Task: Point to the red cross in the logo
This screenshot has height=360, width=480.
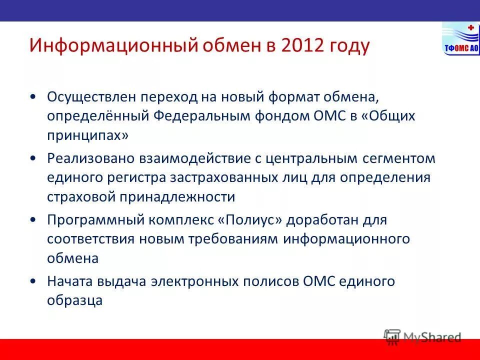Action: pyautogui.click(x=470, y=28)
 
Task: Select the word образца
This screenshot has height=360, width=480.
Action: pyautogui.click(x=75, y=300)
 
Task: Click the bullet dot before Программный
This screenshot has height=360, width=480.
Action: pyautogui.click(x=32, y=220)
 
